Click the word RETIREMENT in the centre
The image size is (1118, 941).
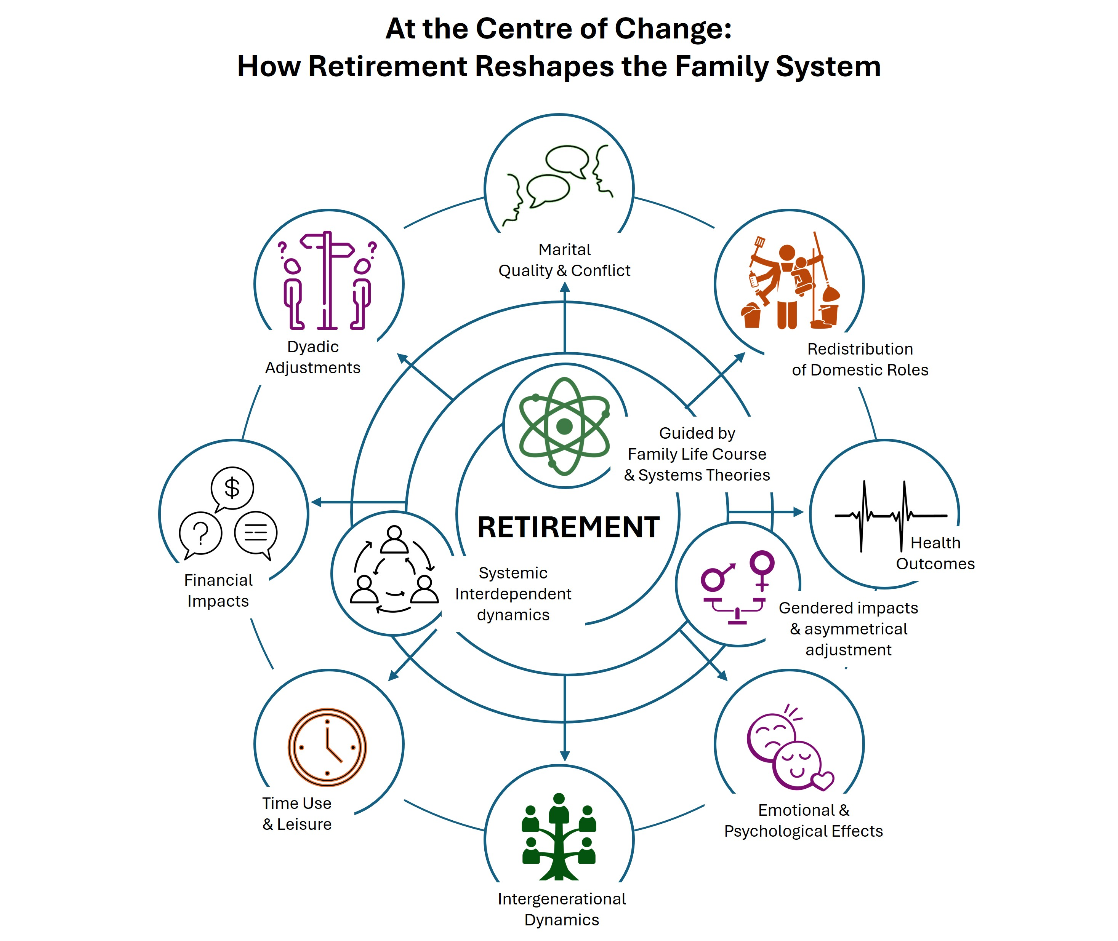tap(569, 527)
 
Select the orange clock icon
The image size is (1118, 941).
tap(327, 747)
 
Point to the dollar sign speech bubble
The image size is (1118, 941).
tap(232, 488)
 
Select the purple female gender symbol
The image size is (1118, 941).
tap(762, 569)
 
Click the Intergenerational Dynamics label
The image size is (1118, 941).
tap(561, 909)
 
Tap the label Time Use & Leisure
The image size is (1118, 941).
tap(297, 813)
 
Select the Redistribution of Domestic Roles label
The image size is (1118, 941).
tap(860, 359)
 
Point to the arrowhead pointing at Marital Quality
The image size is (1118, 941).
tap(565, 287)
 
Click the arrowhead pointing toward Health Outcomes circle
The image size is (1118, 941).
tap(798, 512)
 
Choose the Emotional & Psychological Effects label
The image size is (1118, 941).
tap(803, 820)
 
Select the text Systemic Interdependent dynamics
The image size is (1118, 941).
tap(513, 594)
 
